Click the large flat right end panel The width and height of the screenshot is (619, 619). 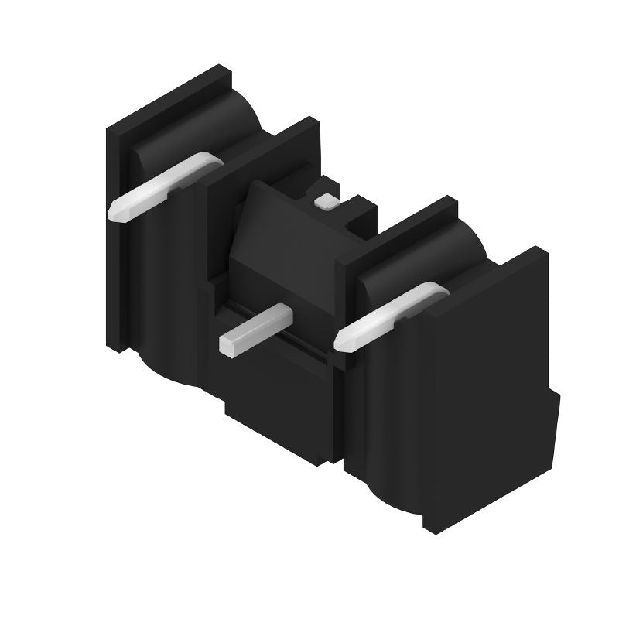coord(487,387)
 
